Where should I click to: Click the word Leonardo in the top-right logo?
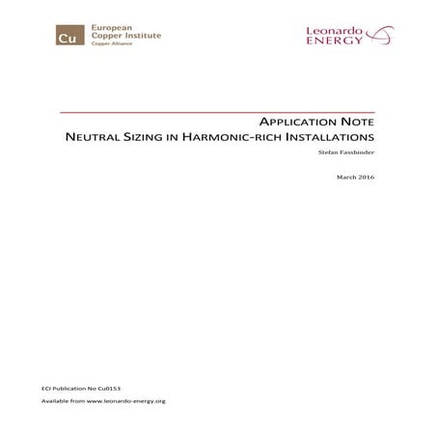(335, 30)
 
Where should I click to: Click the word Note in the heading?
(354, 123)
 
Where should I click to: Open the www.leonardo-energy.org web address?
(127, 400)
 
